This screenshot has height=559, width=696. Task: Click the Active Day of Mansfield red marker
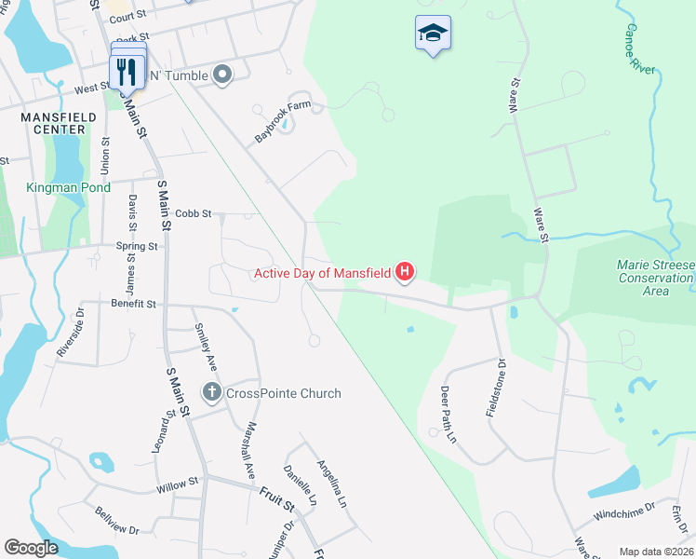coord(405,272)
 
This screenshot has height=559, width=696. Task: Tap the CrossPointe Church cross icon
coord(212,393)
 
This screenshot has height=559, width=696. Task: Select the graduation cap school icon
coord(432,34)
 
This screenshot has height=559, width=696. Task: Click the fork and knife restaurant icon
coord(127,70)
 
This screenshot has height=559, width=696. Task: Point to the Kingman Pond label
coord(70,187)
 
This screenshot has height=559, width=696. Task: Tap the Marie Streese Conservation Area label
coord(655,278)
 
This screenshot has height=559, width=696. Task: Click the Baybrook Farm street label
coord(282,122)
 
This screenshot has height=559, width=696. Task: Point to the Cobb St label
coord(194,213)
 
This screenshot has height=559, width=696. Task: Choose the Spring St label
coord(137,246)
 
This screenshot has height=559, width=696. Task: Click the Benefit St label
coord(134,304)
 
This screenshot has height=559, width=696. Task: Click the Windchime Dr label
coord(623,511)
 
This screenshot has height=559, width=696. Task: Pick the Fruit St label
coord(276,501)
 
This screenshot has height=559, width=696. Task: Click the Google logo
coord(32,548)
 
